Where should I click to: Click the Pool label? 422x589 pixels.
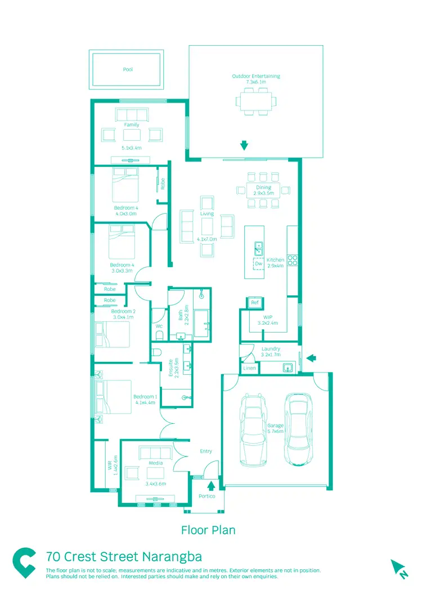[x=128, y=70]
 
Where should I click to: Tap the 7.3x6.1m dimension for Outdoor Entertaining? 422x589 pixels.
[x=255, y=82]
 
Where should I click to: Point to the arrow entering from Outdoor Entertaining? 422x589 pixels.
[x=244, y=145]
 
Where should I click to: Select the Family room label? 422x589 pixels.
[x=132, y=125]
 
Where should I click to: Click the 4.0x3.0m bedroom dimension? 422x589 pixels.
[x=125, y=214]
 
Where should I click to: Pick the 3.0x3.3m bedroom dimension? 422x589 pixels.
[x=121, y=271]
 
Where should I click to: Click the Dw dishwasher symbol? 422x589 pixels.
[x=258, y=264]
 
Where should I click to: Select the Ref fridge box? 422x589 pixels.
[x=254, y=303]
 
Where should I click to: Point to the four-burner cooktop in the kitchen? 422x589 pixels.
[x=293, y=260]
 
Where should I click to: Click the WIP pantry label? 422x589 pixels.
[x=268, y=317]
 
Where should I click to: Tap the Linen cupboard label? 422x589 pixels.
[x=249, y=368]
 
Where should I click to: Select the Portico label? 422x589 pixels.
[x=207, y=496]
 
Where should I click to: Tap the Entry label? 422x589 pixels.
[x=206, y=451]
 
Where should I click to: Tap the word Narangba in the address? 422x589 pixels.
[x=170, y=557]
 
